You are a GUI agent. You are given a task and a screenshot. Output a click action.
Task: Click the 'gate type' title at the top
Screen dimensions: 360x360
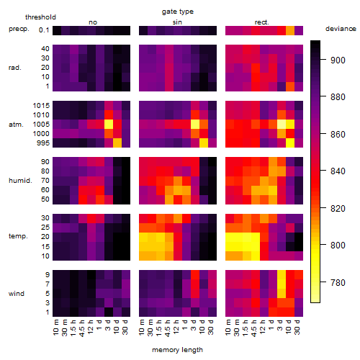[178, 12]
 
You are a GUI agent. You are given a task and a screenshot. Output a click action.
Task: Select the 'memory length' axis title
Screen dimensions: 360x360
[177, 350]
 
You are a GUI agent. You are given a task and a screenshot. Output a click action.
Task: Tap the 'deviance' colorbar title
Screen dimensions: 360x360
[341, 29]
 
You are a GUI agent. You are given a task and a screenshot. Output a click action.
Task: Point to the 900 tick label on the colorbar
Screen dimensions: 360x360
[338, 60]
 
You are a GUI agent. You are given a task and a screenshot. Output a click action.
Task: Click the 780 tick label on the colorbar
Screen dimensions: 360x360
[338, 283]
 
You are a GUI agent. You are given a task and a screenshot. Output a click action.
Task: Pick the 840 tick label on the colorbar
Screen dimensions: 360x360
[338, 171]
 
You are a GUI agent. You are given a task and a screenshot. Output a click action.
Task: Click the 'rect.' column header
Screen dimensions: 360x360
[262, 22]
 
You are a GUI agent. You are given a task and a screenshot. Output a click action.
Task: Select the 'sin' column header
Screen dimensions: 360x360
[177, 22]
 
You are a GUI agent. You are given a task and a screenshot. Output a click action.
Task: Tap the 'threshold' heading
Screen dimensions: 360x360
[40, 17]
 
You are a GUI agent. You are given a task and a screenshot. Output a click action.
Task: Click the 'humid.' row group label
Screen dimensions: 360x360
[20, 181]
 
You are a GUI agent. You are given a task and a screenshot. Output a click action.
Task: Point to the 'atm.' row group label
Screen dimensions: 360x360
[16, 125]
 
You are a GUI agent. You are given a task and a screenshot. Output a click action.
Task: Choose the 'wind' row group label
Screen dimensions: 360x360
[17, 294]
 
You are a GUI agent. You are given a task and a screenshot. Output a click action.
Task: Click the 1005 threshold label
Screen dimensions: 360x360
[41, 125]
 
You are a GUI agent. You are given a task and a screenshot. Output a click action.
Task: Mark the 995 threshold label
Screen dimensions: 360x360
[43, 143]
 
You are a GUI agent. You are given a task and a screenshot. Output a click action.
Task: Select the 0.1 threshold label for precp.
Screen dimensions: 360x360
[44, 30]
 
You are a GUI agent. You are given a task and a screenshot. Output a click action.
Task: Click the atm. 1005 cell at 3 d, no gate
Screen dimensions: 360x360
[109, 125]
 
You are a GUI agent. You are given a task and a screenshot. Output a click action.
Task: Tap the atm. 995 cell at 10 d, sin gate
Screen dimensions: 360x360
[204, 143]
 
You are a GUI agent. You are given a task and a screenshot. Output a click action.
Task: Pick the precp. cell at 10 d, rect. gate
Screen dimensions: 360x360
[290, 30]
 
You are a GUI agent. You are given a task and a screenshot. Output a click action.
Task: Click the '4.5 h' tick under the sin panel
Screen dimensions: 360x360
[168, 328]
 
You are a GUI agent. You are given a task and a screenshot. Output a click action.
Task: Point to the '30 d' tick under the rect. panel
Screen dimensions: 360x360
[297, 327]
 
